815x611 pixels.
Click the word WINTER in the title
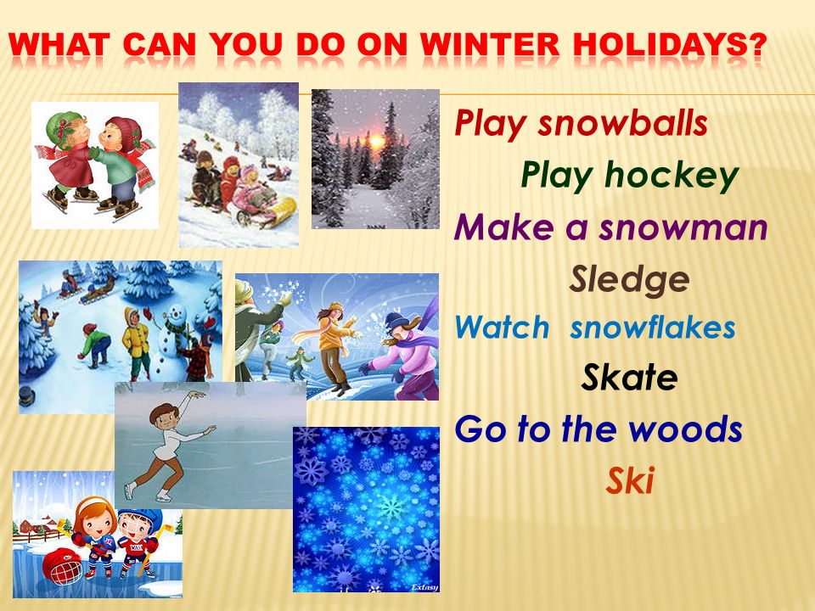(491, 45)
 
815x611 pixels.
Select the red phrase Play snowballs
(581, 124)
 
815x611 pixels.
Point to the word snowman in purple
(683, 227)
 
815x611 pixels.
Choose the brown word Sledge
(629, 279)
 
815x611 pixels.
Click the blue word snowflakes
(653, 328)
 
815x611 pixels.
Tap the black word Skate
(629, 377)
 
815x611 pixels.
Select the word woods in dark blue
(685, 429)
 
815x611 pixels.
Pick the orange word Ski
(630, 480)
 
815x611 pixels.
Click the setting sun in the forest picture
(375, 141)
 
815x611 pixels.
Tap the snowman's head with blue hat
(177, 314)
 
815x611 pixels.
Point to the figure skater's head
(161, 416)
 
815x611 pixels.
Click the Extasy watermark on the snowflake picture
(424, 587)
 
